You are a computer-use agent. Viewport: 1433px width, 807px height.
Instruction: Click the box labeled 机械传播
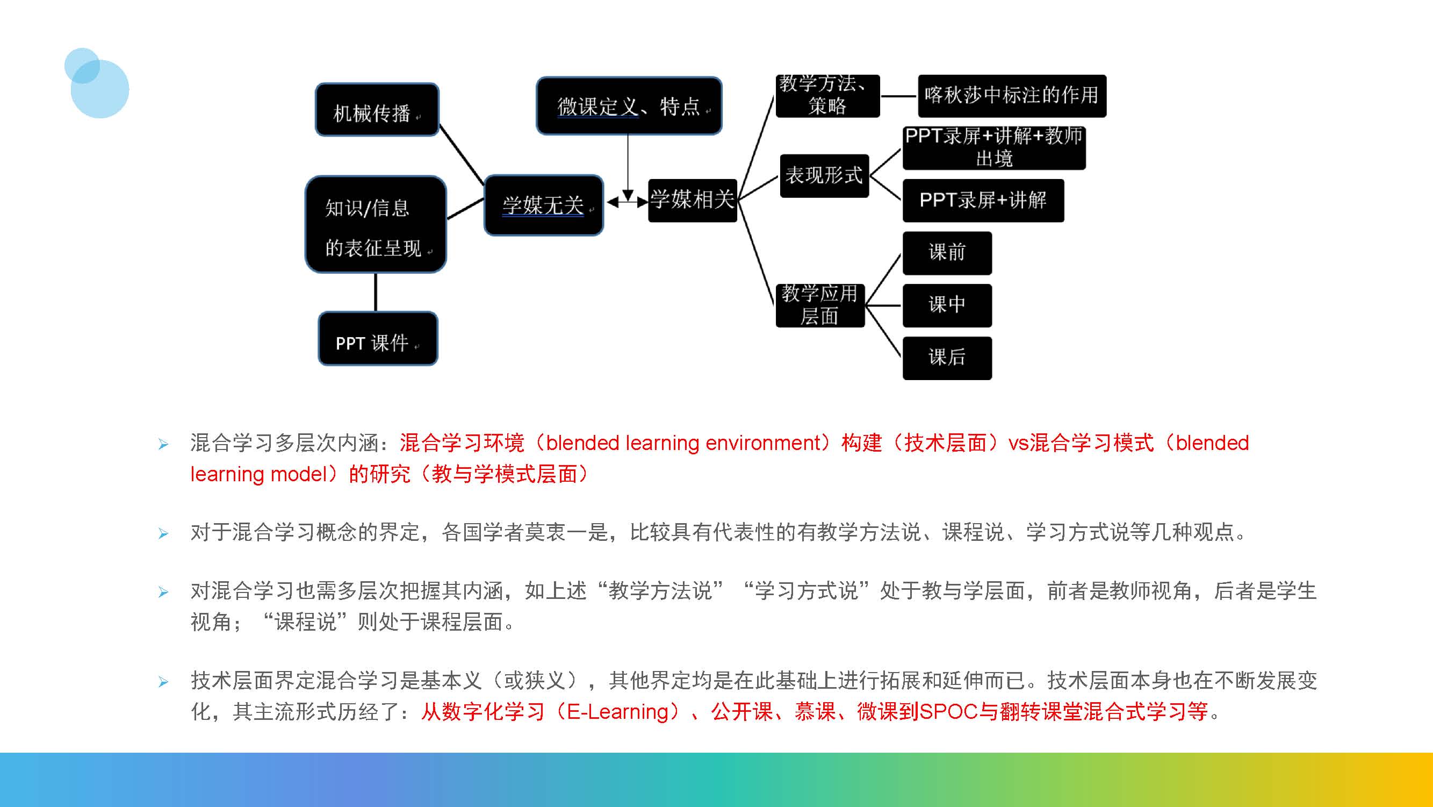point(377,110)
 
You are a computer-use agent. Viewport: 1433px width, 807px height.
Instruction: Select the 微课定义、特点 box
point(629,106)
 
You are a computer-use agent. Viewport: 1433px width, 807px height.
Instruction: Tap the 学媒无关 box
point(544,205)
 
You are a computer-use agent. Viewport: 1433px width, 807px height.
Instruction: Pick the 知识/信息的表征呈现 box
point(376,225)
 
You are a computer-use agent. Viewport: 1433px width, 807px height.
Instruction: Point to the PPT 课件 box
point(378,339)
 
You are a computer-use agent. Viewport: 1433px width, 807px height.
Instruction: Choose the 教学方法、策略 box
point(827,96)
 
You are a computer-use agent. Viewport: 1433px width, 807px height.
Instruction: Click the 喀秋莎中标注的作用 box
point(1011,96)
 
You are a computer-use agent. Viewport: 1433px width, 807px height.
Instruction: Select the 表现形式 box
point(824,176)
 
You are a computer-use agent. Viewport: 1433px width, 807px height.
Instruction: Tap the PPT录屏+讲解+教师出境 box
point(993,147)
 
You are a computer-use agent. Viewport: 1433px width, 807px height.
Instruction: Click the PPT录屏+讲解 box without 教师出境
point(983,201)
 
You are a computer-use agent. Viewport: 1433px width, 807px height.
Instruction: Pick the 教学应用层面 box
point(820,305)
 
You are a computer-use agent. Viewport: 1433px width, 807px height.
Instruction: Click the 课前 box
point(947,253)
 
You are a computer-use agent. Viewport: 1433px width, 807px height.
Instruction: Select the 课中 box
point(947,305)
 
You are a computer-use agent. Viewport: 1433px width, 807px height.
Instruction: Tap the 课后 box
point(947,358)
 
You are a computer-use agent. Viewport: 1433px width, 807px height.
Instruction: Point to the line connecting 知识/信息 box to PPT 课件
point(376,292)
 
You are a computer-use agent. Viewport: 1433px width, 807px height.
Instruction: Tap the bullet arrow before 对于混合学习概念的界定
point(163,533)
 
